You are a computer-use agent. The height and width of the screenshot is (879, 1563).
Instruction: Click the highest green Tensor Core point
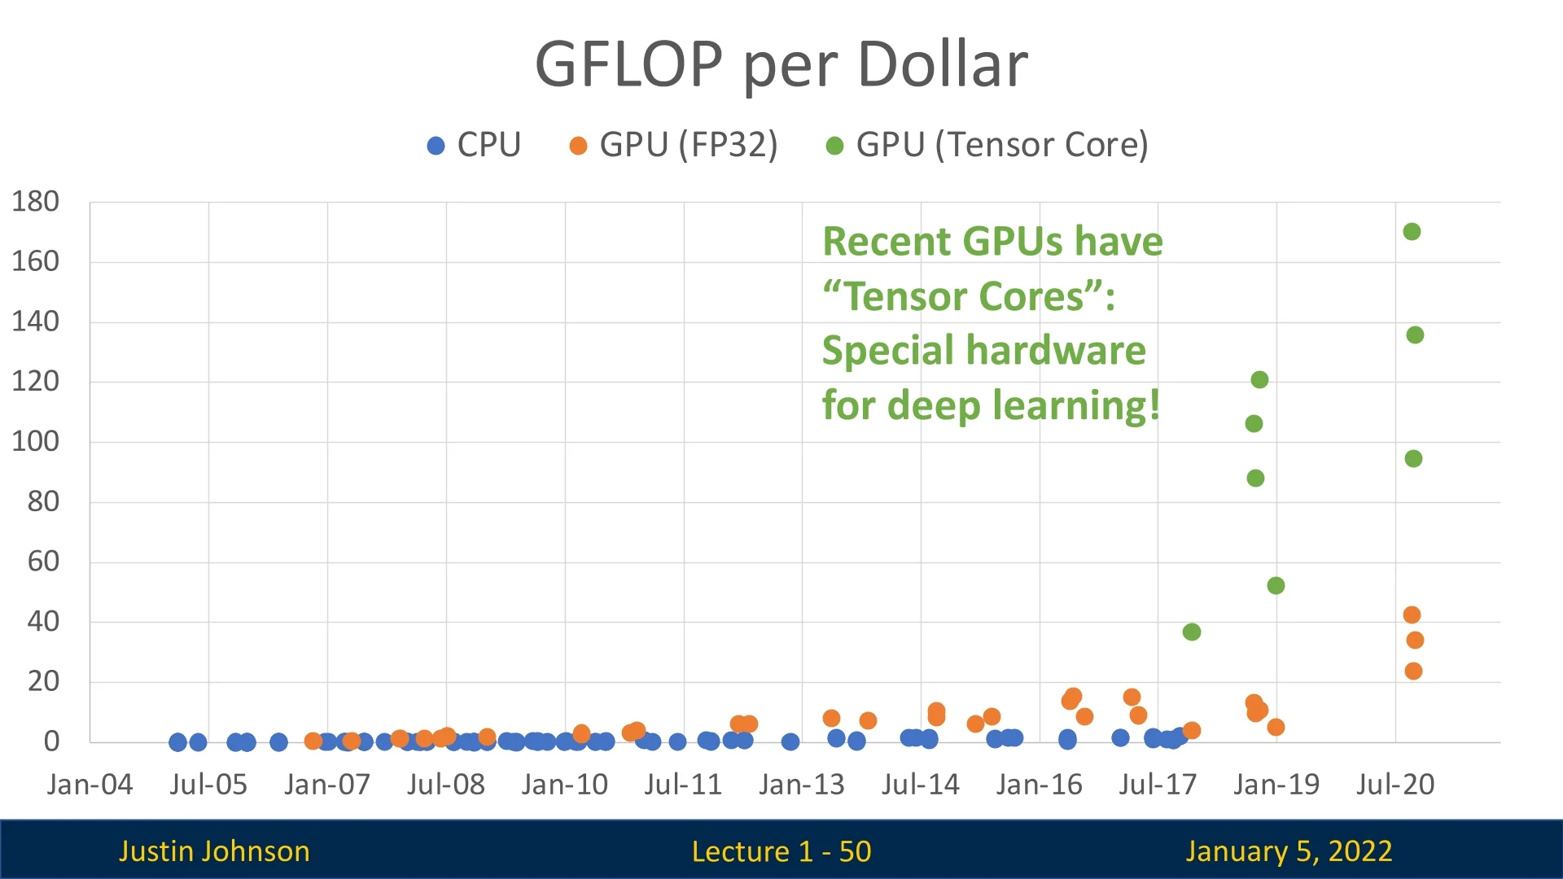pos(1412,232)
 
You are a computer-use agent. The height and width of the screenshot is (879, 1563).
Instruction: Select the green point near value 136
pos(1415,335)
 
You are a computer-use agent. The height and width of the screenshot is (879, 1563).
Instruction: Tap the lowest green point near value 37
pos(1192,632)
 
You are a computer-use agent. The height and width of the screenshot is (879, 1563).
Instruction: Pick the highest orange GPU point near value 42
pos(1412,615)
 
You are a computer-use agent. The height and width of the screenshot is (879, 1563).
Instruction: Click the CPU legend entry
pos(474,146)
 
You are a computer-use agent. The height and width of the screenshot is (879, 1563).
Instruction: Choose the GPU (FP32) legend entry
pos(673,146)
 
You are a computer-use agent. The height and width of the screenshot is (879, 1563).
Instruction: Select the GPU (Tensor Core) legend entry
pos(987,146)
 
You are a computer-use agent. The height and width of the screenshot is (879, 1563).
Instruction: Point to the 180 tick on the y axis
pos(36,202)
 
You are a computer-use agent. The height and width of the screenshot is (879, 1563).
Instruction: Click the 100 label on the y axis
pos(36,442)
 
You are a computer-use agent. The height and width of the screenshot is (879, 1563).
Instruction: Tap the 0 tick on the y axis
pos(51,741)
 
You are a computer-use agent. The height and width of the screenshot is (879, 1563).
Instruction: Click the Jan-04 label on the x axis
pos(90,785)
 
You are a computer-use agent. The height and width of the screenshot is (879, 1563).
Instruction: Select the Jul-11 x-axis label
pos(683,785)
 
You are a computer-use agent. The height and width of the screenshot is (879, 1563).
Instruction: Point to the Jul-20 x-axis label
pos(1394,785)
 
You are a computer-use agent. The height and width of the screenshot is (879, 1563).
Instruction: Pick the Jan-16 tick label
pos(1039,785)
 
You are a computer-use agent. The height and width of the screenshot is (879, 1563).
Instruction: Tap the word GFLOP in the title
pos(628,65)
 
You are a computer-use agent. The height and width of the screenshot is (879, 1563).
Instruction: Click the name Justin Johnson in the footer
pos(214,851)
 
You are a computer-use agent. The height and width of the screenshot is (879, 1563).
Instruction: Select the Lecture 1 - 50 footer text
pos(781,851)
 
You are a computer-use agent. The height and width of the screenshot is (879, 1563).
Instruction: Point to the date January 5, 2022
pos(1289,851)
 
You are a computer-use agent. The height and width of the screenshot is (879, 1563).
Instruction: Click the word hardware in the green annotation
pos(1056,351)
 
